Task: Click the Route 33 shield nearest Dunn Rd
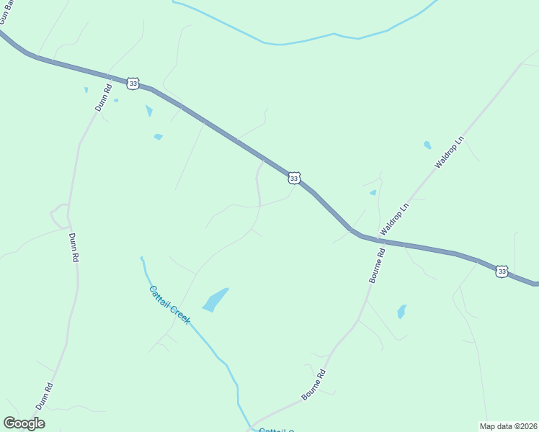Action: pos(133,84)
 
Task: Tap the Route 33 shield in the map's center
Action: pos(293,178)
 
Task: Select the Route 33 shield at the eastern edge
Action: pos(502,271)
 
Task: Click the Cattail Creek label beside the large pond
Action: pos(169,305)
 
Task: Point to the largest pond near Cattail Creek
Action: pos(215,300)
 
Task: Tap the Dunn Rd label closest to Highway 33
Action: pos(104,97)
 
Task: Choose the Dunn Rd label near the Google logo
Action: pos(45,396)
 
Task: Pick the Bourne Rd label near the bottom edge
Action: pos(314,384)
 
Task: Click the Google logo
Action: pos(24,423)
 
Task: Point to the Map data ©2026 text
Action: pos(508,426)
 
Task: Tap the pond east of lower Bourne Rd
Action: pos(401,312)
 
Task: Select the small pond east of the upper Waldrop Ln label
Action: pos(427,145)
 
